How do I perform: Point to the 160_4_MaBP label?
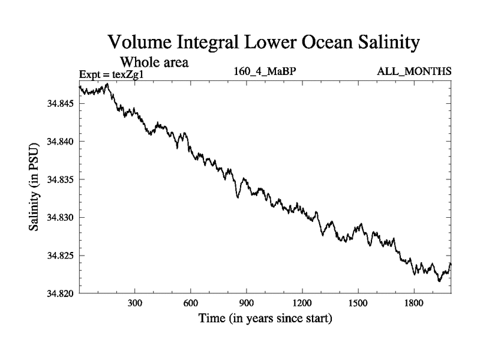point(266,71)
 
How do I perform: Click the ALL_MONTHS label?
point(414,71)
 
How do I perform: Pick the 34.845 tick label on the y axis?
point(59,104)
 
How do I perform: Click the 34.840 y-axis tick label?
point(59,142)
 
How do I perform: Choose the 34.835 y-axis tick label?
point(59,179)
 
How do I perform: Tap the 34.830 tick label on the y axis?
point(59,217)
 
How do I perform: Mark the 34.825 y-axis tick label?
point(59,256)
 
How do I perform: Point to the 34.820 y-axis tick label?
point(59,293)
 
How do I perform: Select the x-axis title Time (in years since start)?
point(265,319)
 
